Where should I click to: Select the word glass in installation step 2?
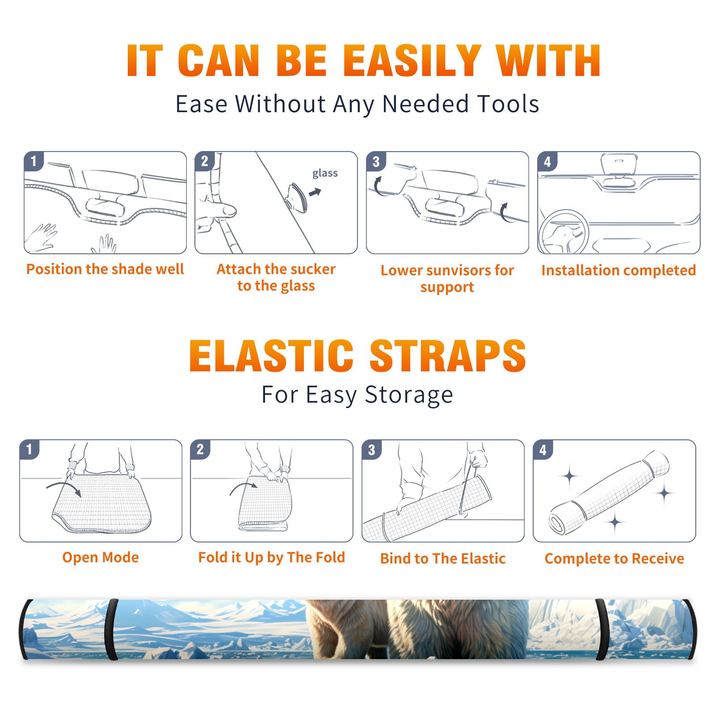(x=325, y=173)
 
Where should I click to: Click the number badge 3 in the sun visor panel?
(x=376, y=161)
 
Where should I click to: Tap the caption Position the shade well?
(x=105, y=269)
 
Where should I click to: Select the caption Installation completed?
(x=618, y=270)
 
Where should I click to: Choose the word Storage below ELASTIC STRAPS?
(x=409, y=395)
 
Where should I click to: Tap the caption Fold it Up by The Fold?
(x=272, y=557)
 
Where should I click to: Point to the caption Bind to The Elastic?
(x=443, y=559)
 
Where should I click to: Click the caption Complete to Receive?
(x=614, y=559)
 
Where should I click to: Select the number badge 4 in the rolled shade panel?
(x=543, y=450)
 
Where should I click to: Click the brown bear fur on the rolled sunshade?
(x=416, y=629)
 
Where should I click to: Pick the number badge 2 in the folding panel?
(x=200, y=450)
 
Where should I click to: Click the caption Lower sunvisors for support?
(x=447, y=278)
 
